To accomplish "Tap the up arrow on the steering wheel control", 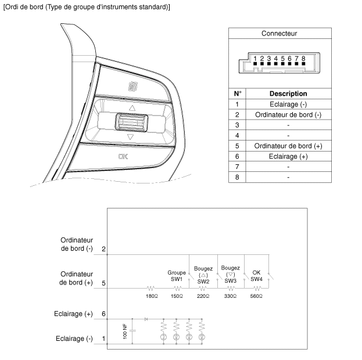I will [x=131, y=108].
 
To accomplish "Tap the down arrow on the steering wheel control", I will [x=131, y=137].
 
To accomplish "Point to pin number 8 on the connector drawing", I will [x=303, y=59].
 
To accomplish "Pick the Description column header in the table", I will [x=288, y=93].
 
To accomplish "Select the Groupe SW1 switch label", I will [x=177, y=275].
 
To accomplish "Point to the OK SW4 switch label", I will [x=256, y=275].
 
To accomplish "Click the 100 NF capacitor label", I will [x=125, y=332].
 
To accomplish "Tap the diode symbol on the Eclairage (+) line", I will [x=146, y=319].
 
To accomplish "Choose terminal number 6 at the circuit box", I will [x=103, y=314].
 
